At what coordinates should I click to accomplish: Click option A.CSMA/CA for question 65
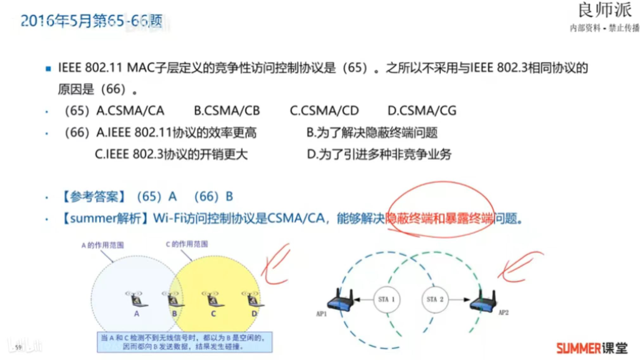coord(130,111)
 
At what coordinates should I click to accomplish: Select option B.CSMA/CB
coord(227,111)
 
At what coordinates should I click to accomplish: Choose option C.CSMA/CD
coord(324,111)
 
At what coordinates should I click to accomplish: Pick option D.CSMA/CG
coord(422,111)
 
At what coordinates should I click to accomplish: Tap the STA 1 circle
coord(387,299)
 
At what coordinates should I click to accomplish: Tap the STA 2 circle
coord(435,299)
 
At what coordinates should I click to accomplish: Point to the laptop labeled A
coord(137,299)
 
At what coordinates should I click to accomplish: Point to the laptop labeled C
coord(212,299)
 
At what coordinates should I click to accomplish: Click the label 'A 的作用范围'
coord(103,245)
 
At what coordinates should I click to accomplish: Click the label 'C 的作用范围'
coord(187,244)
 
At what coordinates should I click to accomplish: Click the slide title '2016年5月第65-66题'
coord(92,21)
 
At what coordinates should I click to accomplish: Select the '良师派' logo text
coord(605,10)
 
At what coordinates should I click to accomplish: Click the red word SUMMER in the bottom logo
coord(578,348)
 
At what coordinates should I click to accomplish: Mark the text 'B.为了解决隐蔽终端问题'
coord(372,132)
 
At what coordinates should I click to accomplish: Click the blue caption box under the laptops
coord(185,342)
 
